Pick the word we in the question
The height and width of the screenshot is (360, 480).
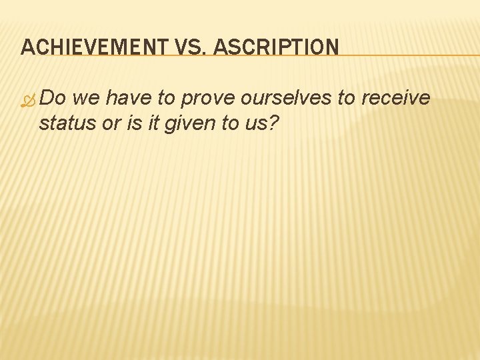(87, 98)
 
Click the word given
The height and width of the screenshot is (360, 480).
(184, 123)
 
